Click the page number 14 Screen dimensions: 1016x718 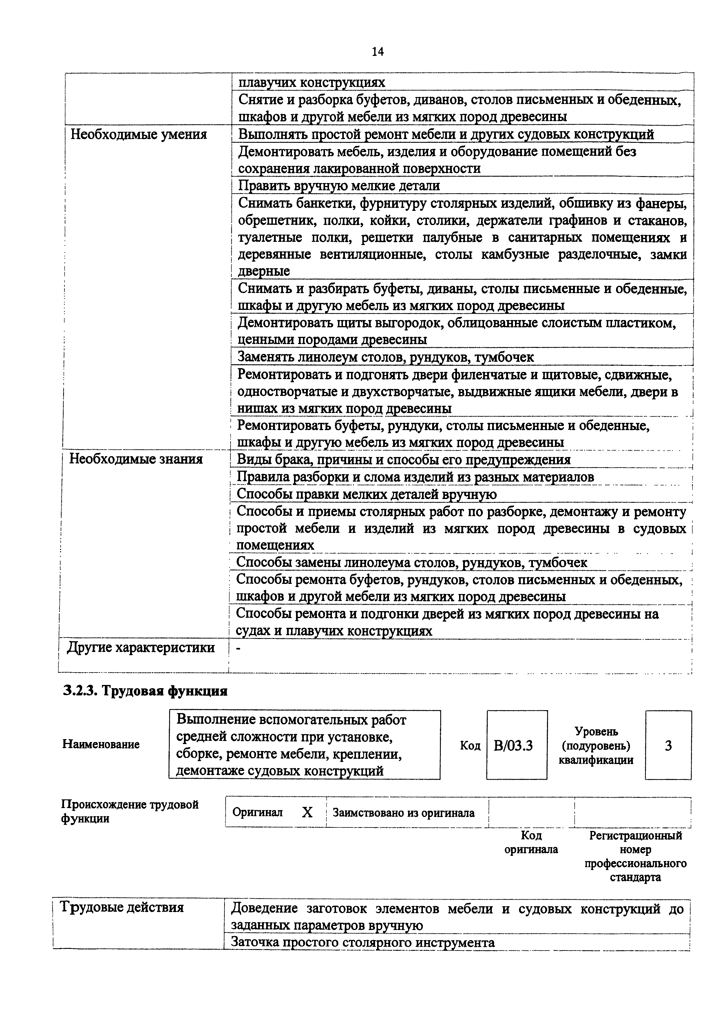[x=378, y=52]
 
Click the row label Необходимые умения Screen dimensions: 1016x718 [x=138, y=134]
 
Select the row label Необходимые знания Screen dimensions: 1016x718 [x=136, y=459]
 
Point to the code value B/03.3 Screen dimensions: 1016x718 [x=516, y=746]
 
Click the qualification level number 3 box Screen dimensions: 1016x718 [x=668, y=746]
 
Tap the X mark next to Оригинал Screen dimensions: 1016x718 [x=307, y=812]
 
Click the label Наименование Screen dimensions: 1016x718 [x=101, y=744]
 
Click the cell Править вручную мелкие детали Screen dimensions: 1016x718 [x=339, y=185]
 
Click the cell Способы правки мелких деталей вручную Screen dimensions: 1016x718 [x=366, y=494]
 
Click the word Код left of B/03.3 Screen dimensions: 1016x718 [x=470, y=746]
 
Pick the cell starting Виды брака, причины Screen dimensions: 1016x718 [x=403, y=460]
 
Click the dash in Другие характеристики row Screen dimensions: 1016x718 [x=239, y=648]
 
